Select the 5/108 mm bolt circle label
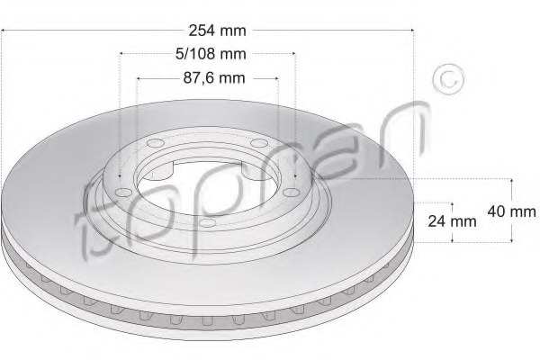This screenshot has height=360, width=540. pos(207,54)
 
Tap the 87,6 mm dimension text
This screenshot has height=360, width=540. pos(208,77)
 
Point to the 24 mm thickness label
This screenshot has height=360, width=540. pos(451,220)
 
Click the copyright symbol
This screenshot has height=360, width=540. pos(446,79)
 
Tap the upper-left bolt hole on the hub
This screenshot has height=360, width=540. pos(154,147)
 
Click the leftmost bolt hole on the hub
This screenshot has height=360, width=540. pos(123,192)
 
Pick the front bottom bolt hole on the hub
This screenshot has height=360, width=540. pos(206,222)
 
